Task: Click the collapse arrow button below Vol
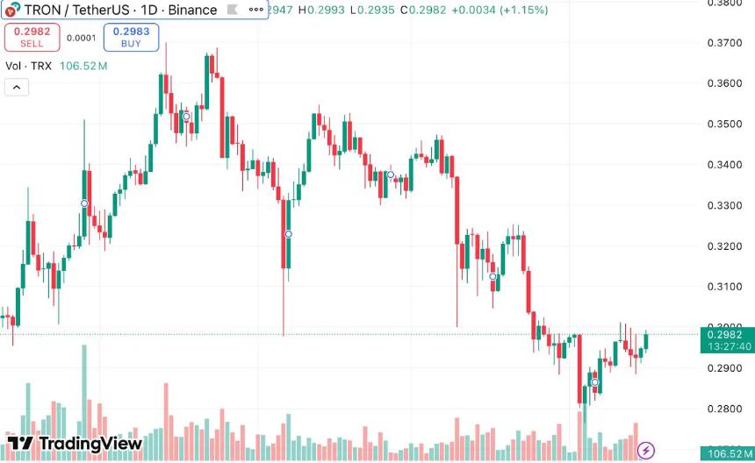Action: click(17, 87)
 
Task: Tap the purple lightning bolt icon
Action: click(646, 451)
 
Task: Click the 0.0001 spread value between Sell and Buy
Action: click(82, 38)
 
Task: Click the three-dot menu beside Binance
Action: click(255, 10)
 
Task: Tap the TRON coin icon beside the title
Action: click(10, 11)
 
